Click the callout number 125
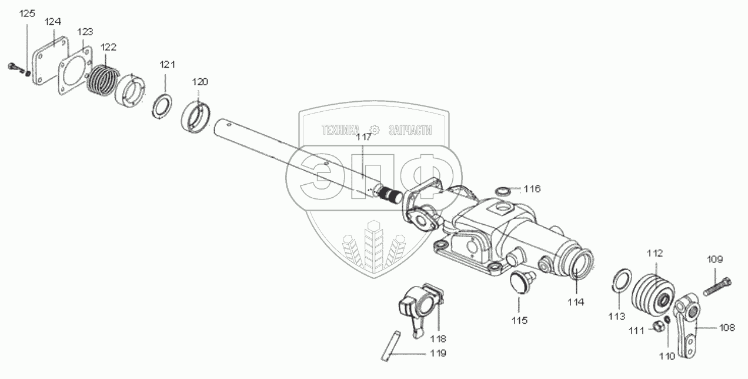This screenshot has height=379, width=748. tap(27, 14)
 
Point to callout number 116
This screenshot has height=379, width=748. tap(532, 189)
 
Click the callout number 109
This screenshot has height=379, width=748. tap(715, 259)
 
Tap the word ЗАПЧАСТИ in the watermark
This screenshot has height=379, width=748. tap(410, 129)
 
